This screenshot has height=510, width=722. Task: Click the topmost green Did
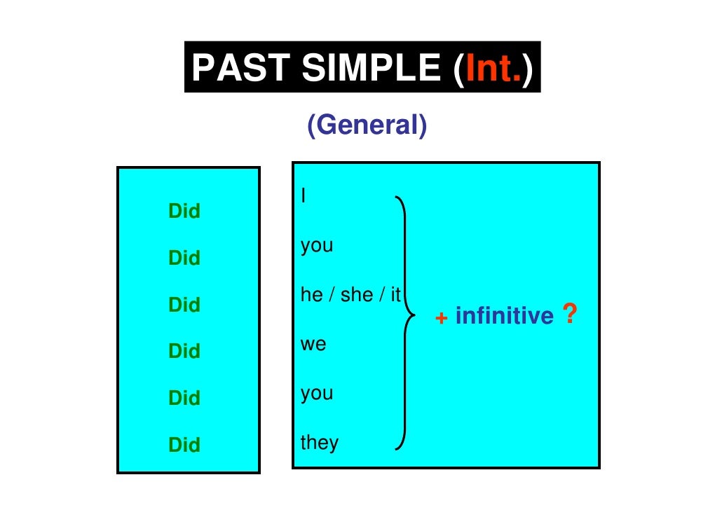[184, 212]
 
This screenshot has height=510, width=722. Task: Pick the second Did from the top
[184, 259]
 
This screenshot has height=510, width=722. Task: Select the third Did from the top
[184, 305]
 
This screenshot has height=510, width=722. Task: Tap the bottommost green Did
[184, 445]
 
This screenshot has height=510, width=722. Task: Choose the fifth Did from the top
[184, 398]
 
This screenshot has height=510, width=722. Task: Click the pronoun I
[303, 195]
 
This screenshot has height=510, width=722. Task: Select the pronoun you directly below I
[317, 247]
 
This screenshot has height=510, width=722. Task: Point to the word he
[311, 295]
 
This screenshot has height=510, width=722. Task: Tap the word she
[357, 295]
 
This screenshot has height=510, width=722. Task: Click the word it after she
[395, 295]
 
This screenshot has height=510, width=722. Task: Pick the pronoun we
[314, 345]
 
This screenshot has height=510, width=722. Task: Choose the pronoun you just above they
[317, 394]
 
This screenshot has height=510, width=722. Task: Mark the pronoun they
[320, 442]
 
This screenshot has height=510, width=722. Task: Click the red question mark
[570, 315]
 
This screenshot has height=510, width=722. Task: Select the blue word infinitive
[504, 317]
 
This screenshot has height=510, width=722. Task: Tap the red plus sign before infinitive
[442, 318]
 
